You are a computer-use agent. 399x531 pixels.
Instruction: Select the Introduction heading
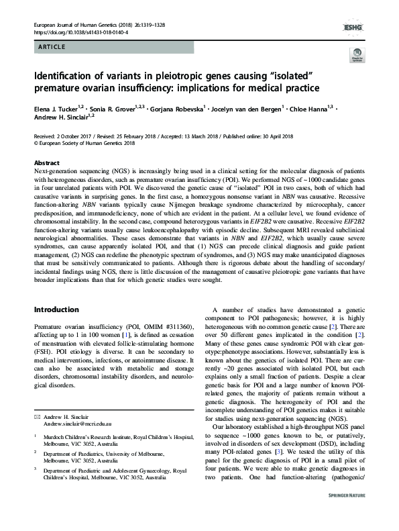[x=58, y=310]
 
